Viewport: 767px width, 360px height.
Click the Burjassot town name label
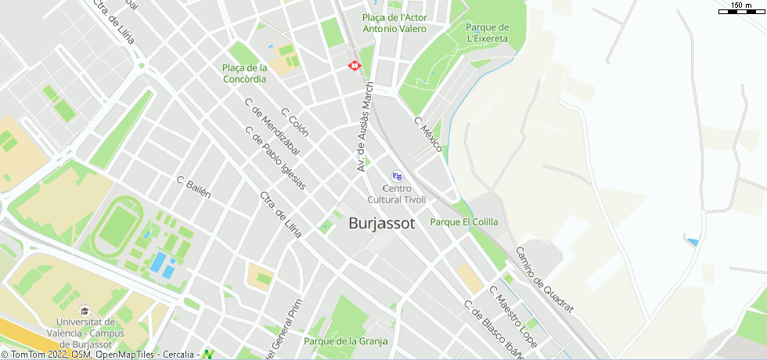pos(381,223)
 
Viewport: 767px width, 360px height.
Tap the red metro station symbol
pos(355,66)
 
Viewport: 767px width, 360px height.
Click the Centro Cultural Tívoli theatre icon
pos(397,176)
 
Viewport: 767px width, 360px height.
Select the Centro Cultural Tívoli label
pos(397,193)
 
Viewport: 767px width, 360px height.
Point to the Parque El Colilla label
pos(464,221)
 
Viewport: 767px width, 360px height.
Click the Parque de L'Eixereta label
pos(487,32)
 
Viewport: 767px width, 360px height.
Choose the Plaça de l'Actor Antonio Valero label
pos(394,23)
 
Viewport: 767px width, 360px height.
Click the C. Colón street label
pos(295,122)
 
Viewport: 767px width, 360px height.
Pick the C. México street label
pos(428,135)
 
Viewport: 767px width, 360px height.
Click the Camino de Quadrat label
pos(544,280)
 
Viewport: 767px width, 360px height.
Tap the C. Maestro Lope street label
pos(513,316)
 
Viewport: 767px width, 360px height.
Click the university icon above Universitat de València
pos(84,311)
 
